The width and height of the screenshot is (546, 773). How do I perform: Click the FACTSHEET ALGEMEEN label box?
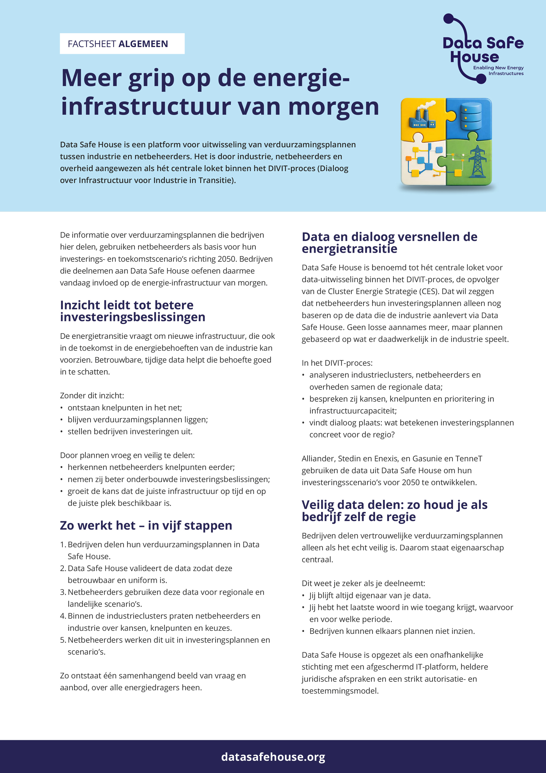click(122, 44)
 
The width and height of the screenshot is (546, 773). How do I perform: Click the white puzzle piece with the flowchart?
click(422, 163)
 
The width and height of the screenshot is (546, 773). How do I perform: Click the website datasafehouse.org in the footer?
click(273, 757)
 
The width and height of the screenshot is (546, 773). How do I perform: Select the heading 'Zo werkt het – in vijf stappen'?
click(146, 525)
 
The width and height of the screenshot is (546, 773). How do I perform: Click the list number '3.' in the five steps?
click(63, 592)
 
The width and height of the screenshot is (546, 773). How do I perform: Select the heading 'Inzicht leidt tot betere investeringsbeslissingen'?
click(133, 311)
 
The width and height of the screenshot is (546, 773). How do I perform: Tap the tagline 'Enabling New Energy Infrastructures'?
click(498, 70)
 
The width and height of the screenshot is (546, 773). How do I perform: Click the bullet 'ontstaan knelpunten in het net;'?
click(124, 408)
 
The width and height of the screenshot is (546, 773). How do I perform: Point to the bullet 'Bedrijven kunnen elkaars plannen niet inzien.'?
click(392, 631)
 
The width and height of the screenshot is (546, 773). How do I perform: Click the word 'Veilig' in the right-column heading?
click(318, 505)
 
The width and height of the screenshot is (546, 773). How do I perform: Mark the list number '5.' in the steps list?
click(63, 640)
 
